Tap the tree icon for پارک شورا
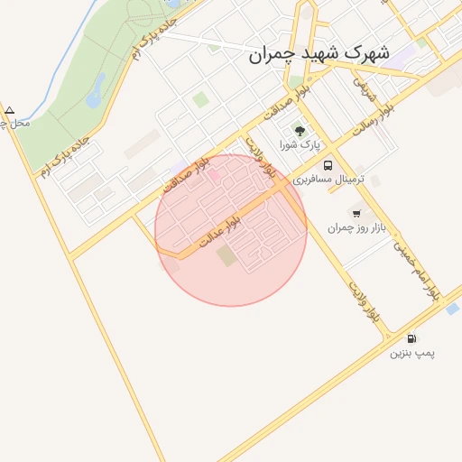[x=300, y=131]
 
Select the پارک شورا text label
[x=300, y=144]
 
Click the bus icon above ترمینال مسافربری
[x=327, y=166]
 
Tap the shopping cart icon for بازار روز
[x=356, y=214]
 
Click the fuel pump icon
[x=411, y=338]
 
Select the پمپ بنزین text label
[x=412, y=353]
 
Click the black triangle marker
[x=9, y=110]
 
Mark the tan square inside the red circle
[x=226, y=256]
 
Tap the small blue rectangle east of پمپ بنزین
[x=452, y=309]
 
